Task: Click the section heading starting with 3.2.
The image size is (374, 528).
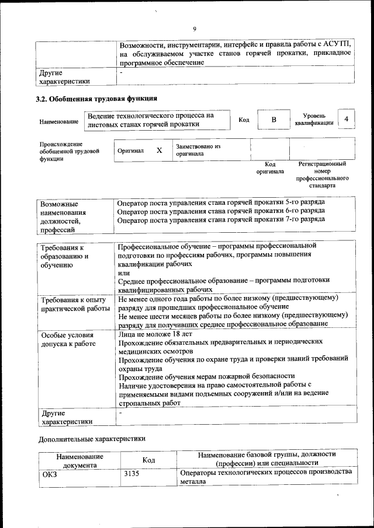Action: point(96,99)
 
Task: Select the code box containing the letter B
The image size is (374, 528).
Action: point(273,120)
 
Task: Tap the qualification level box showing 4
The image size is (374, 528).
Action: point(347,119)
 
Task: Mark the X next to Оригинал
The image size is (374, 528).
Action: point(159,150)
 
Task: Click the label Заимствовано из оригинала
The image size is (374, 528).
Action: point(198,150)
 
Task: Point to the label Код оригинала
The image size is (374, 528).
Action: point(270,168)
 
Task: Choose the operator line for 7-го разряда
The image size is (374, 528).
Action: point(221,220)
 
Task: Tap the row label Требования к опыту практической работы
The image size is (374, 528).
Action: point(74,304)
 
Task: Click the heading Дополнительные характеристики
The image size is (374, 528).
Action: point(92,438)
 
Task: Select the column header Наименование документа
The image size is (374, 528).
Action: point(80,461)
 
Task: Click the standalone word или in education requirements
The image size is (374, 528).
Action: point(123,272)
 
